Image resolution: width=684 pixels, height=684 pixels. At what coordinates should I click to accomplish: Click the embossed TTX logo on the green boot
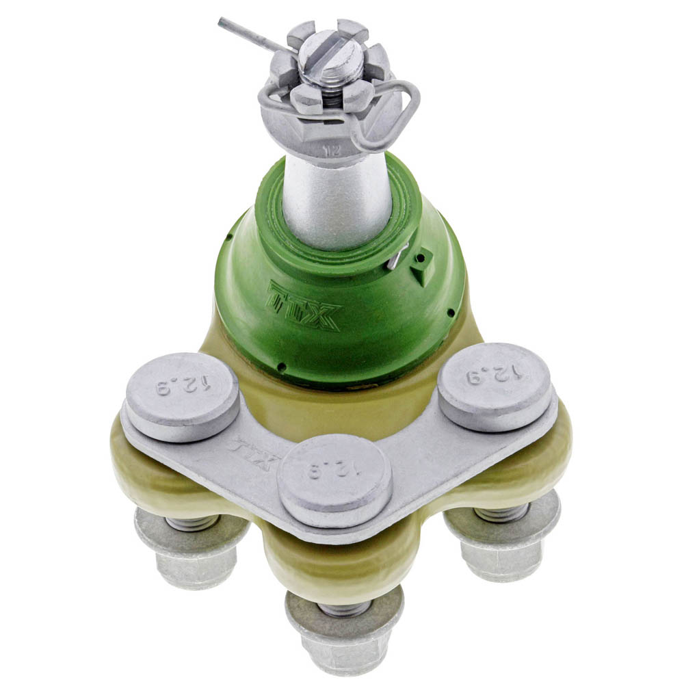click(304, 304)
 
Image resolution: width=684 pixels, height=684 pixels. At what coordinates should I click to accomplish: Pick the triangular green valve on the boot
click(422, 267)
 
